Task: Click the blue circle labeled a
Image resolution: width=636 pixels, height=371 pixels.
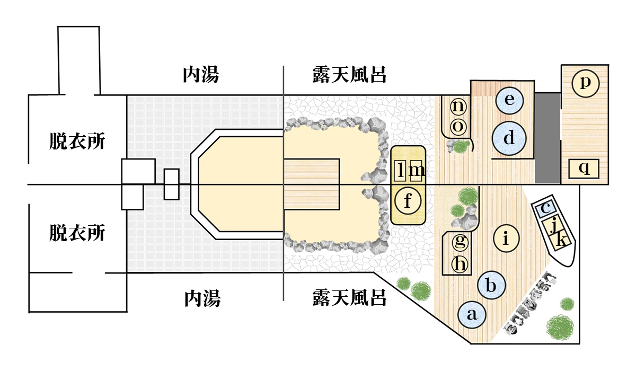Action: [472, 314]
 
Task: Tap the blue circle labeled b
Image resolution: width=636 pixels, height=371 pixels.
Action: [491, 286]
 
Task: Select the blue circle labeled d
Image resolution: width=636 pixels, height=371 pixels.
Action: [509, 138]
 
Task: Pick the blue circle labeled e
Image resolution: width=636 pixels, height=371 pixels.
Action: [509, 100]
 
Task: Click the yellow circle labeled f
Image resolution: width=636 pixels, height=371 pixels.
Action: [408, 201]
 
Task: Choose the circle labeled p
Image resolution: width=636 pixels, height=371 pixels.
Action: [585, 83]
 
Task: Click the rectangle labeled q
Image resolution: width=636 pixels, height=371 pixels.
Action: [584, 169]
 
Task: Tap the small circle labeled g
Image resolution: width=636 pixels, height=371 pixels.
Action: [461, 242]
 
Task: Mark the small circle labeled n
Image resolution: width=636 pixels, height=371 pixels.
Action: [459, 107]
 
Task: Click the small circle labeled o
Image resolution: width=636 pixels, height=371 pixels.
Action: [459, 127]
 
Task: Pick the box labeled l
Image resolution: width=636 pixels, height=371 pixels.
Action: [401, 171]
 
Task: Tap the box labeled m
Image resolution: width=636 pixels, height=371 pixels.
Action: [417, 171]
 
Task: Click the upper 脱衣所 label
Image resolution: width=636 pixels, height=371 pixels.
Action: [74, 142]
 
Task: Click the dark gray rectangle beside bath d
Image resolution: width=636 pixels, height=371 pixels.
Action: [547, 138]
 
